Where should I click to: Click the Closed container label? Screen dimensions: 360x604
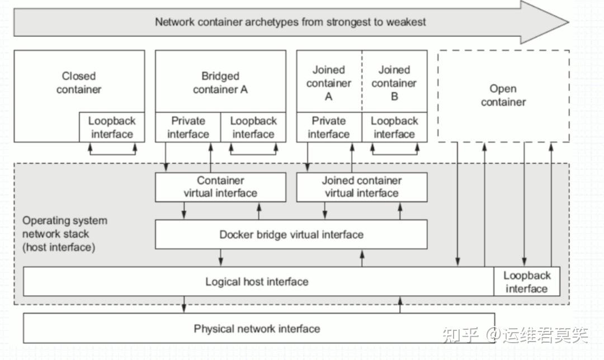pyautogui.click(x=79, y=83)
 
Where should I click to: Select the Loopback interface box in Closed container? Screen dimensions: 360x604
pyautogui.click(x=112, y=127)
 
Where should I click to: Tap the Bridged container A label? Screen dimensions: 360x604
pyautogui.click(x=220, y=83)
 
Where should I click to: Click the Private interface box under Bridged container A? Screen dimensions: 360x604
pyautogui.click(x=188, y=127)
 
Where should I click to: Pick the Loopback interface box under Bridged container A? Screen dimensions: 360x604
pyautogui.click(x=253, y=127)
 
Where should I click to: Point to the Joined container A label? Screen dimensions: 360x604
pyautogui.click(x=329, y=83)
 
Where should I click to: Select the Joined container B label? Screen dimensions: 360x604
pyautogui.click(x=394, y=83)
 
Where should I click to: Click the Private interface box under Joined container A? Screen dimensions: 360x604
pyautogui.click(x=329, y=127)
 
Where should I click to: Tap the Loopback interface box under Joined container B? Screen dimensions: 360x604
pyautogui.click(x=394, y=127)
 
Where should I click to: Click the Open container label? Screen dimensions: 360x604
pyautogui.click(x=503, y=96)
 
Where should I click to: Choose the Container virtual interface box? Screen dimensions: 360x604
pyautogui.click(x=220, y=187)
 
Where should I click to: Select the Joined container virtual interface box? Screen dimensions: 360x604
pyautogui.click(x=361, y=187)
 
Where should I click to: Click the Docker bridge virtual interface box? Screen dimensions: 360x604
pyautogui.click(x=291, y=234)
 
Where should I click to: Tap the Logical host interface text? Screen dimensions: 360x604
pyautogui.click(x=257, y=282)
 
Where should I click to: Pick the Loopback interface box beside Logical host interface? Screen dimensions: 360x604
pyautogui.click(x=526, y=282)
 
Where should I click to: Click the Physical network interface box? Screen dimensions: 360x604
pyautogui.click(x=257, y=329)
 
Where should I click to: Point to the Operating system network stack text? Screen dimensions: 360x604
pyautogui.click(x=64, y=234)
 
